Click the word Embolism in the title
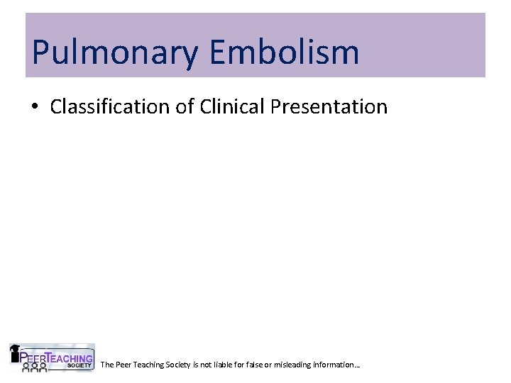pyautogui.click(x=284, y=52)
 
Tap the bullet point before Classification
pyautogui.click(x=35, y=107)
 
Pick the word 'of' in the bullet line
pyautogui.click(x=187, y=107)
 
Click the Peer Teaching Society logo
pyautogui.click(x=51, y=357)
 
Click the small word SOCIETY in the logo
pyautogui.click(x=79, y=365)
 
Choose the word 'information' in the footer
pyautogui.click(x=338, y=365)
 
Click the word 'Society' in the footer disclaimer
pyautogui.click(x=178, y=365)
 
